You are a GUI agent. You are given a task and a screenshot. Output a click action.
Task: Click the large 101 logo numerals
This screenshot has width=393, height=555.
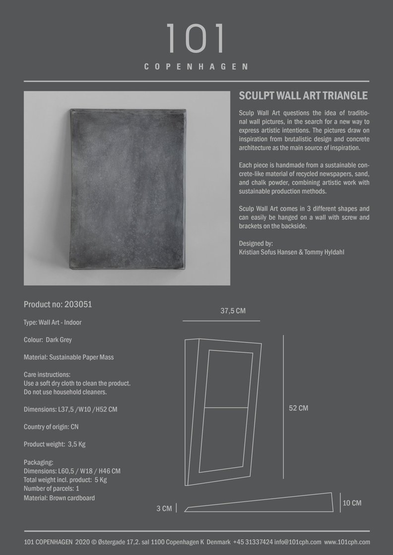click(x=196, y=39)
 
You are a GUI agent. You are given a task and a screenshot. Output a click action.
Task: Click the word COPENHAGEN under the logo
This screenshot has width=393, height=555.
click(x=196, y=66)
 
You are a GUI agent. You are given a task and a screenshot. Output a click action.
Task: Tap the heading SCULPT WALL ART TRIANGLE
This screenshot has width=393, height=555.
click(x=303, y=96)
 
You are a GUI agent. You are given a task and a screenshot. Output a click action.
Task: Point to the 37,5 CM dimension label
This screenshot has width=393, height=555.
click(x=233, y=311)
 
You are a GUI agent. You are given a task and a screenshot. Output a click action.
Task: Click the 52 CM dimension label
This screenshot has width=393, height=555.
click(x=298, y=408)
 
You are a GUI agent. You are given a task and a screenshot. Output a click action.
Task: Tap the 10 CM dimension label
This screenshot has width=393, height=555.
click(x=352, y=503)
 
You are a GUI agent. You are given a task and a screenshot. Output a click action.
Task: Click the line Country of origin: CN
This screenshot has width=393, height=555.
click(x=51, y=427)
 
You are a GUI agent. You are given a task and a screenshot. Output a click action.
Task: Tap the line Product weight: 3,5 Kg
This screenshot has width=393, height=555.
click(x=55, y=444)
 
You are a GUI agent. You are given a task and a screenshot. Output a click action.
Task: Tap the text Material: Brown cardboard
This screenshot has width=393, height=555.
click(x=59, y=498)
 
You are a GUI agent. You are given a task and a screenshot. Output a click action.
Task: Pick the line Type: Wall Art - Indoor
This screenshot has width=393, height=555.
click(x=53, y=323)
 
